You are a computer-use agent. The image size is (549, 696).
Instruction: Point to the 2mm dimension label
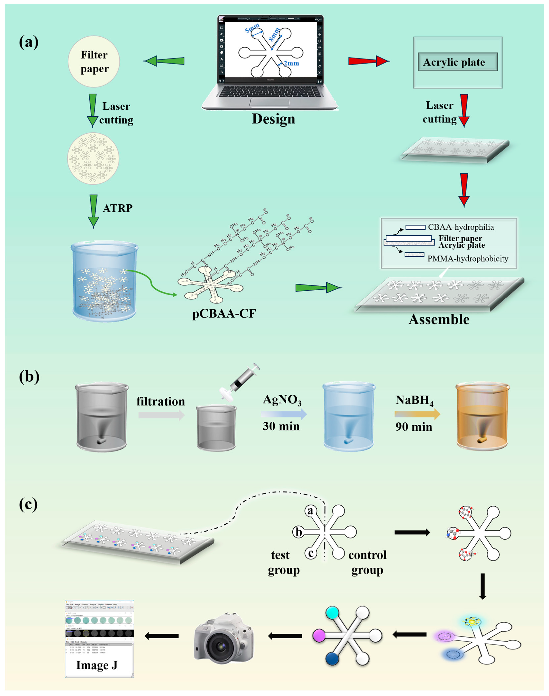tap(291, 63)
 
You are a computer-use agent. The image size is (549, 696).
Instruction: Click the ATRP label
tap(117, 208)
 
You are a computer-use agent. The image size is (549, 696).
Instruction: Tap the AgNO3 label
tap(282, 400)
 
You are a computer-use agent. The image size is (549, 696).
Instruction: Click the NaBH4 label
tap(414, 400)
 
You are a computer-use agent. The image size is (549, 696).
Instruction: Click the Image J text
tap(96, 665)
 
